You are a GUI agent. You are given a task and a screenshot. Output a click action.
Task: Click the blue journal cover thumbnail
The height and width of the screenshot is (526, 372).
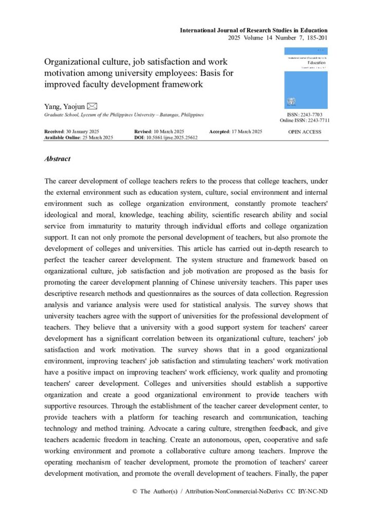click(306, 78)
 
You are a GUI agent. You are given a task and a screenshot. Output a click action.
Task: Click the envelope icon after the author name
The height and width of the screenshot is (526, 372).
click(92, 106)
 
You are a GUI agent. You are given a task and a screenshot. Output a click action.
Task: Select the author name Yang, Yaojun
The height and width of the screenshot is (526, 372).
click(65, 106)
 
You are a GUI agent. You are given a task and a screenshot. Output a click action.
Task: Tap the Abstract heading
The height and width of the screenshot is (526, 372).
click(58, 159)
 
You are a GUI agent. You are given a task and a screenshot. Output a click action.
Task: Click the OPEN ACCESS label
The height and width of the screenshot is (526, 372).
click(305, 132)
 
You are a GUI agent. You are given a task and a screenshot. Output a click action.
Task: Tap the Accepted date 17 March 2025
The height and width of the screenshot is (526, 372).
click(246, 132)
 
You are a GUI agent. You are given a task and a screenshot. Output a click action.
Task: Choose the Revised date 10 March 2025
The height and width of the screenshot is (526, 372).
click(170, 132)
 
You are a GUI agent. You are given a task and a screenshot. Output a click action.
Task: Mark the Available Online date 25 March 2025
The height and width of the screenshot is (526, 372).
click(99, 138)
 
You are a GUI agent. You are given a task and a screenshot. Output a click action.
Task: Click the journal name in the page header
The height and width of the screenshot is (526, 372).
click(253, 30)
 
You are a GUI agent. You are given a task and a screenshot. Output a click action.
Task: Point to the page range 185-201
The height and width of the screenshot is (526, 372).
click(315, 37)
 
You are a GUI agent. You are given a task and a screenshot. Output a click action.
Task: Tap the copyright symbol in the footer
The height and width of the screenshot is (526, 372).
click(135, 491)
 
